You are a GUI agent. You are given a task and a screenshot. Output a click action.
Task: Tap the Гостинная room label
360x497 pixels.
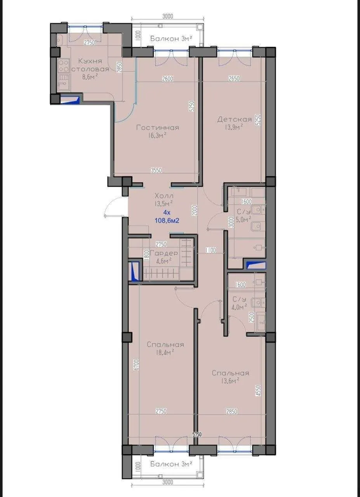158,128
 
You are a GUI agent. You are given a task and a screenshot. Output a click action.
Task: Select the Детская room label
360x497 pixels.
234,119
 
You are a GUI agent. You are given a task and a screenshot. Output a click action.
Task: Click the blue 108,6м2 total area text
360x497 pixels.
167,221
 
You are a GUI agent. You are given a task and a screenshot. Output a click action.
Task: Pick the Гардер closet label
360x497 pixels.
164,253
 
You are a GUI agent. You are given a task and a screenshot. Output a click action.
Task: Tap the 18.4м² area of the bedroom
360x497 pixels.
165,352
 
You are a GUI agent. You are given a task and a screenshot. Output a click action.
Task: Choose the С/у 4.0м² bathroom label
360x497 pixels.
239,302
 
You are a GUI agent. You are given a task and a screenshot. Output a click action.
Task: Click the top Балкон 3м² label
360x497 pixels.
172,38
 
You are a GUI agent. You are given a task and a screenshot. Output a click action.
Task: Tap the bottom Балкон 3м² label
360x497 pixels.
172,464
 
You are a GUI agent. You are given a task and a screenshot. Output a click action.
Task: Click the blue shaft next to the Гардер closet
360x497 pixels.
134,271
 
